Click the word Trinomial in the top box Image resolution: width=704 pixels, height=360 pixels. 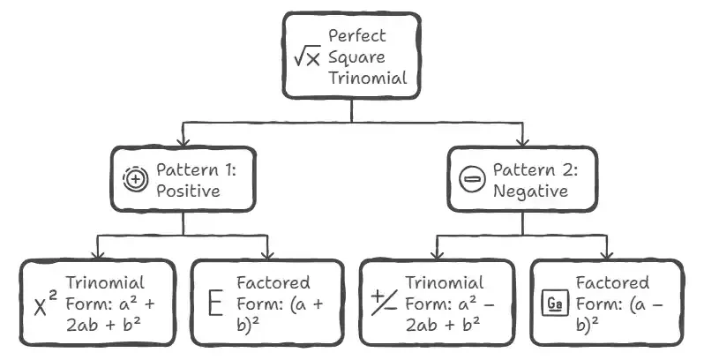[368, 78]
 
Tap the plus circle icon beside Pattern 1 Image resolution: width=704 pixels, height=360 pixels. [135, 179]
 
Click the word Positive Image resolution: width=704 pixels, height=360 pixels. [187, 190]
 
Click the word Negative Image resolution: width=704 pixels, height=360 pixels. [527, 190]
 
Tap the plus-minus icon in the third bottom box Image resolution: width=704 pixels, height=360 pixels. [384, 304]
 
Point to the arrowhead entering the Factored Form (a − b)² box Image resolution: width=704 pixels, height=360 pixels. [607, 254]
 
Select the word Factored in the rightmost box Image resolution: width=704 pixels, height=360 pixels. [612, 284]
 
